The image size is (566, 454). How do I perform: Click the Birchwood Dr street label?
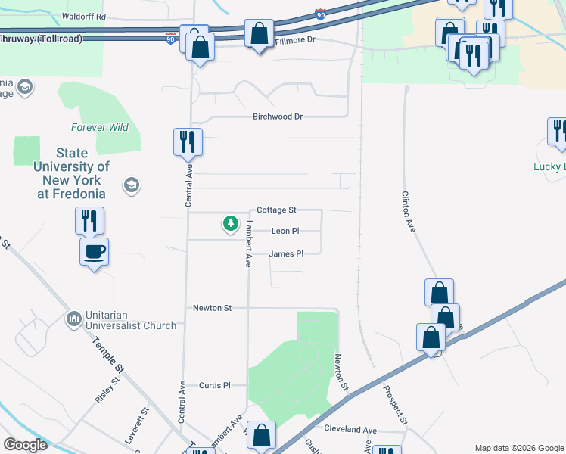coord(277,117)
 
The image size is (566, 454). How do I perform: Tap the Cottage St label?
coord(276,210)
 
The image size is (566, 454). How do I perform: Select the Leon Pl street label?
coord(285,232)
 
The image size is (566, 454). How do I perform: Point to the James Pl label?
coord(286,254)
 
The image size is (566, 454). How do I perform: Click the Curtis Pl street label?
coord(214,385)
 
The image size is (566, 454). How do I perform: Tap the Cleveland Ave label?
coord(350,429)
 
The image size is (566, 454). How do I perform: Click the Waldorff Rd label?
coord(84,16)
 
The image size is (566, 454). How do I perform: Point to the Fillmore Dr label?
coord(293,39)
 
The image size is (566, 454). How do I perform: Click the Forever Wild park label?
coord(100,127)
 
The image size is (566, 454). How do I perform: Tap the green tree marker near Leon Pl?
coord(230,224)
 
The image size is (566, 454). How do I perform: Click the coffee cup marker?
coord(95,251)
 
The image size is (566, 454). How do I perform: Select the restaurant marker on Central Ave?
coord(188,141)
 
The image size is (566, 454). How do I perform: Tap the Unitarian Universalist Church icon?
coord(74,319)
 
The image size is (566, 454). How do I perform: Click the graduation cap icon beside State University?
coord(132,185)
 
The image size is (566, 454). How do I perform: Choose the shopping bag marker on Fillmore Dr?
coord(259,34)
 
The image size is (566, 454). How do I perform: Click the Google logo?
coord(25,445)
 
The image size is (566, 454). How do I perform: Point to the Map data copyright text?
coord(519,448)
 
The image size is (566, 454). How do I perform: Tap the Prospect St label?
coord(395,406)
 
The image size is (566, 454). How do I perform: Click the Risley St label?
coord(107,390)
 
